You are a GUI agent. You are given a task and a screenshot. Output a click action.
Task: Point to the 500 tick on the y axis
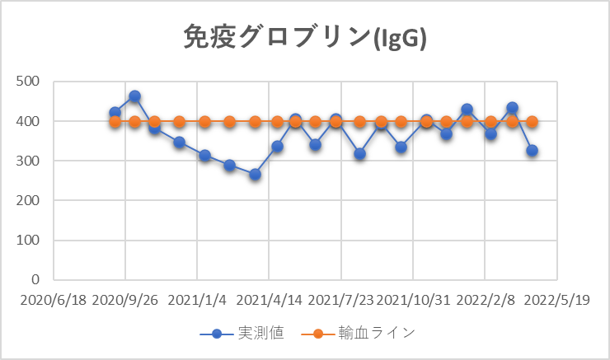point(30,82)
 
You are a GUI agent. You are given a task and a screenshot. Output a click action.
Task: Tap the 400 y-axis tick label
point(30,121)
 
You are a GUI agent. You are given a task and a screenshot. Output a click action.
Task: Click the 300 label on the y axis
point(30,161)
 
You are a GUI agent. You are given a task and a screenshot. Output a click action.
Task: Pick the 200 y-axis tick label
point(30,200)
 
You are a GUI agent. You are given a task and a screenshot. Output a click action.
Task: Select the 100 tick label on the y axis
point(30,240)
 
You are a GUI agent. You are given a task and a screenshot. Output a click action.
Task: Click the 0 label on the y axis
point(36,279)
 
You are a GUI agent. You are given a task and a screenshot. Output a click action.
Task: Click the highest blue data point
point(134,96)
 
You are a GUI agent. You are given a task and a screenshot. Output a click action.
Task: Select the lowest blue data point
point(256,175)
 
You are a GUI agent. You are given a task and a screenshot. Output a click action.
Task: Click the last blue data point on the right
point(533,151)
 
